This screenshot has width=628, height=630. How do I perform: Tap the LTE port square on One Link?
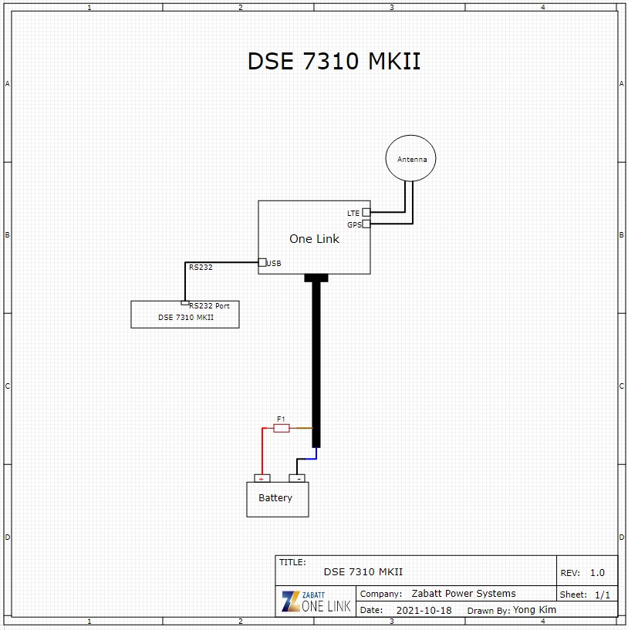coord(366,212)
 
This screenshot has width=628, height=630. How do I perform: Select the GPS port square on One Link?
coord(366,224)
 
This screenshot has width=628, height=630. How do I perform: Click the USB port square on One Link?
coord(262,262)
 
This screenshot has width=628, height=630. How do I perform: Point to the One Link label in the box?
coord(314,239)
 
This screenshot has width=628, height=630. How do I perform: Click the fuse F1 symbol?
coord(282,428)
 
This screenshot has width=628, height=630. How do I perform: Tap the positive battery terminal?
coord(262,478)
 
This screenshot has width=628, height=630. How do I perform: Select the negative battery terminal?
coord(297,478)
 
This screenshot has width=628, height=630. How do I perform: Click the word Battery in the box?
coord(275,498)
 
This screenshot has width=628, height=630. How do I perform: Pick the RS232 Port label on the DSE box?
coord(209,306)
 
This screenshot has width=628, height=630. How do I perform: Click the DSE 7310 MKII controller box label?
coord(186,318)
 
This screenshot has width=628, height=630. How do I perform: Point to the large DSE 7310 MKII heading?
coord(334,61)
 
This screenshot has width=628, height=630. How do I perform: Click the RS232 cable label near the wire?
coord(201,267)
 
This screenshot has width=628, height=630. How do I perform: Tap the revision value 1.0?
coord(597,572)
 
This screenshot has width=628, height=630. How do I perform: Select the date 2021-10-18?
coord(424,610)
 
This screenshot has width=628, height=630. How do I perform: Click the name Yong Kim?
coord(535,609)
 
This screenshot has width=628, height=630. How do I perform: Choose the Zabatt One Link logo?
coord(316,601)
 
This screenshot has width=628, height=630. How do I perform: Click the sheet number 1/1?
coord(603,595)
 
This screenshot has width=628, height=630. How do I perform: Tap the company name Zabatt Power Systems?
coord(464,594)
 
